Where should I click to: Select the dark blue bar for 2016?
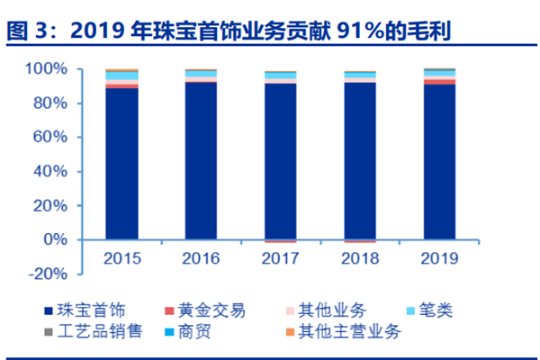point(201,161)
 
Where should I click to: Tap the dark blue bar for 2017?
point(281,162)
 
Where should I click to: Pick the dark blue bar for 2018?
point(360,162)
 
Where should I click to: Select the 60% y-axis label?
point(53,138)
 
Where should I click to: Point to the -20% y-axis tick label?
point(50,274)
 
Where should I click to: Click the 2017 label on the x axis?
point(281,258)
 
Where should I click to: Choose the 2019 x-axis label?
point(439,258)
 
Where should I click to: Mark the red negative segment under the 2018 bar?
point(360,242)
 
